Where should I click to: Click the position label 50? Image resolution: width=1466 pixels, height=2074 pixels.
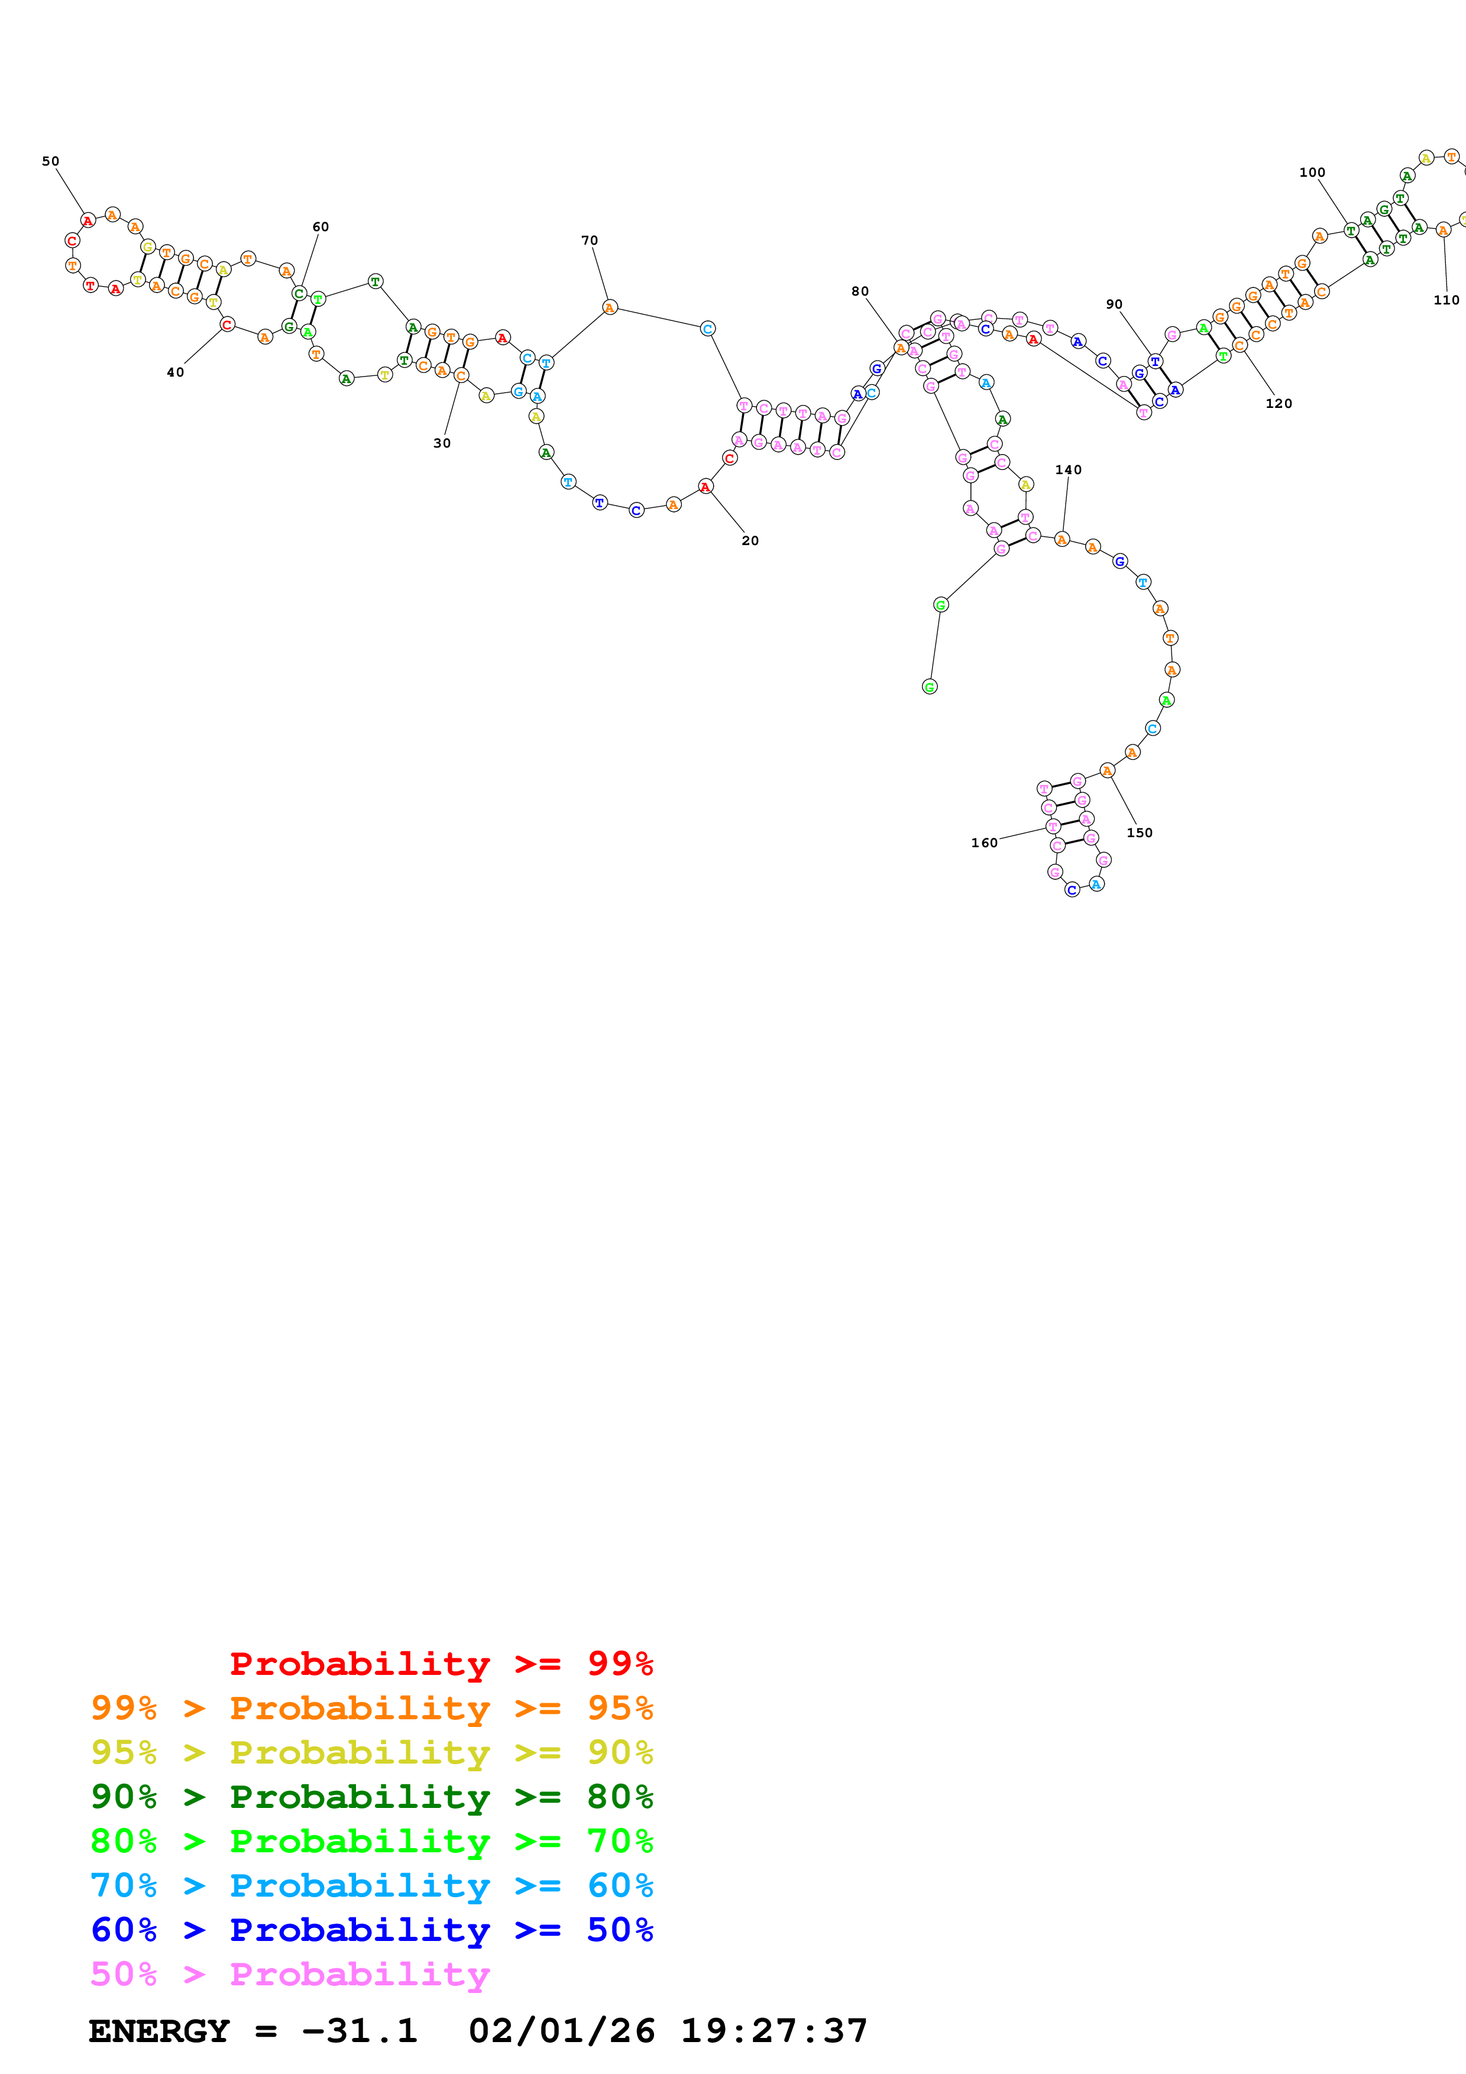click(51, 161)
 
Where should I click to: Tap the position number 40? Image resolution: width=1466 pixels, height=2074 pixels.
click(175, 372)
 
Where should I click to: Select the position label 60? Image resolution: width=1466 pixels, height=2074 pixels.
click(321, 226)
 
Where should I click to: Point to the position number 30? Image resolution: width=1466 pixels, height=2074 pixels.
click(442, 443)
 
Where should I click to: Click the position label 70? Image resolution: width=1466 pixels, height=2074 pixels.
click(590, 240)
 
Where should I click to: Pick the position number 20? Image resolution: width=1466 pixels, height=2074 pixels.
click(750, 541)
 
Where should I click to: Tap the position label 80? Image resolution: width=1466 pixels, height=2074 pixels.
click(860, 292)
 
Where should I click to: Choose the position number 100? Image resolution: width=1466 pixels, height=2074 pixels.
click(1312, 173)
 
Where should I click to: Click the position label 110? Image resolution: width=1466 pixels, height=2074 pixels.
click(1446, 300)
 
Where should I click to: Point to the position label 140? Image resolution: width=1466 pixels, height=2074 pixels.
click(1069, 469)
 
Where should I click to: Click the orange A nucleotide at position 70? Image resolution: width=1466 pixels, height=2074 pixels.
click(610, 308)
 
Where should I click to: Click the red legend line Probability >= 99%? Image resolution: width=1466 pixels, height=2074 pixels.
click(441, 1663)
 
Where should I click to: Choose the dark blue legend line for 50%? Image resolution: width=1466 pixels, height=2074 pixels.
click(371, 1930)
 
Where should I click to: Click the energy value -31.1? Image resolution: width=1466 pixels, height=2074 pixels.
click(360, 2031)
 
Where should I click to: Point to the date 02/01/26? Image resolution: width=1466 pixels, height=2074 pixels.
click(561, 2031)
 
